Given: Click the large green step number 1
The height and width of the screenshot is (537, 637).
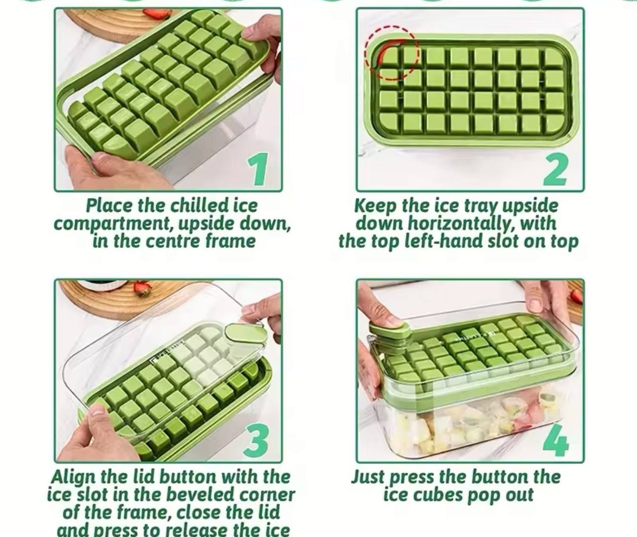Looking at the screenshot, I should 258,169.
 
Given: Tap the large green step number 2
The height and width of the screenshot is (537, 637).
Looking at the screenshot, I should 555,169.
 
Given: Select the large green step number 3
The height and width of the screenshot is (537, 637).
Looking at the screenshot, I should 257,440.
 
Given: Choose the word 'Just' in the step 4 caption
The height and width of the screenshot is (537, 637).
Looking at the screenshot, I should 368,477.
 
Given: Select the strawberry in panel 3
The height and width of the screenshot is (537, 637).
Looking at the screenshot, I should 142,287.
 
